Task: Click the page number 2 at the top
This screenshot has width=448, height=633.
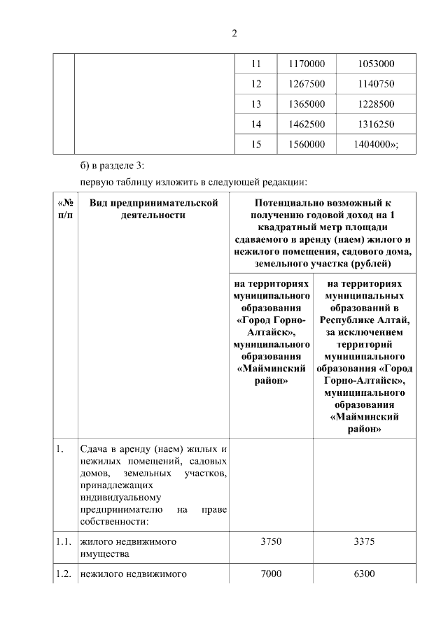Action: pos(234,32)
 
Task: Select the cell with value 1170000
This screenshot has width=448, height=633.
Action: pos(307,64)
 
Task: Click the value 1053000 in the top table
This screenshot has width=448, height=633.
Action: pos(376,64)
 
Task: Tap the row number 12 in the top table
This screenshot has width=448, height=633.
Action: pos(255,84)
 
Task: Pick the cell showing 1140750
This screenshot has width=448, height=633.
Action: pos(376,84)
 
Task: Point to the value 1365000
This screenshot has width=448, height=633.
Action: pos(307,104)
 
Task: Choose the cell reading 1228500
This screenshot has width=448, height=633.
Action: pos(376,104)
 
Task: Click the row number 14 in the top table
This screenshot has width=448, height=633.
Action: pos(255,125)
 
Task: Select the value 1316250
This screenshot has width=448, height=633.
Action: pos(376,125)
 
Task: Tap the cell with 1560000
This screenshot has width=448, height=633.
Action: pos(307,145)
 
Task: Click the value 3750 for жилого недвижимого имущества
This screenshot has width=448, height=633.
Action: pos(271,541)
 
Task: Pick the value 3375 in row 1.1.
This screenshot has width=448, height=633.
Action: pos(365,541)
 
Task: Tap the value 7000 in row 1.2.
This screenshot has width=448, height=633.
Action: pos(271,574)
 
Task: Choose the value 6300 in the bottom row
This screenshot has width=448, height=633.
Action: pos(365,574)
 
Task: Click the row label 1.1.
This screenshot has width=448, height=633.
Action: pos(64,541)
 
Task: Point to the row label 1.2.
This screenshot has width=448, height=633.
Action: pos(64,574)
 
